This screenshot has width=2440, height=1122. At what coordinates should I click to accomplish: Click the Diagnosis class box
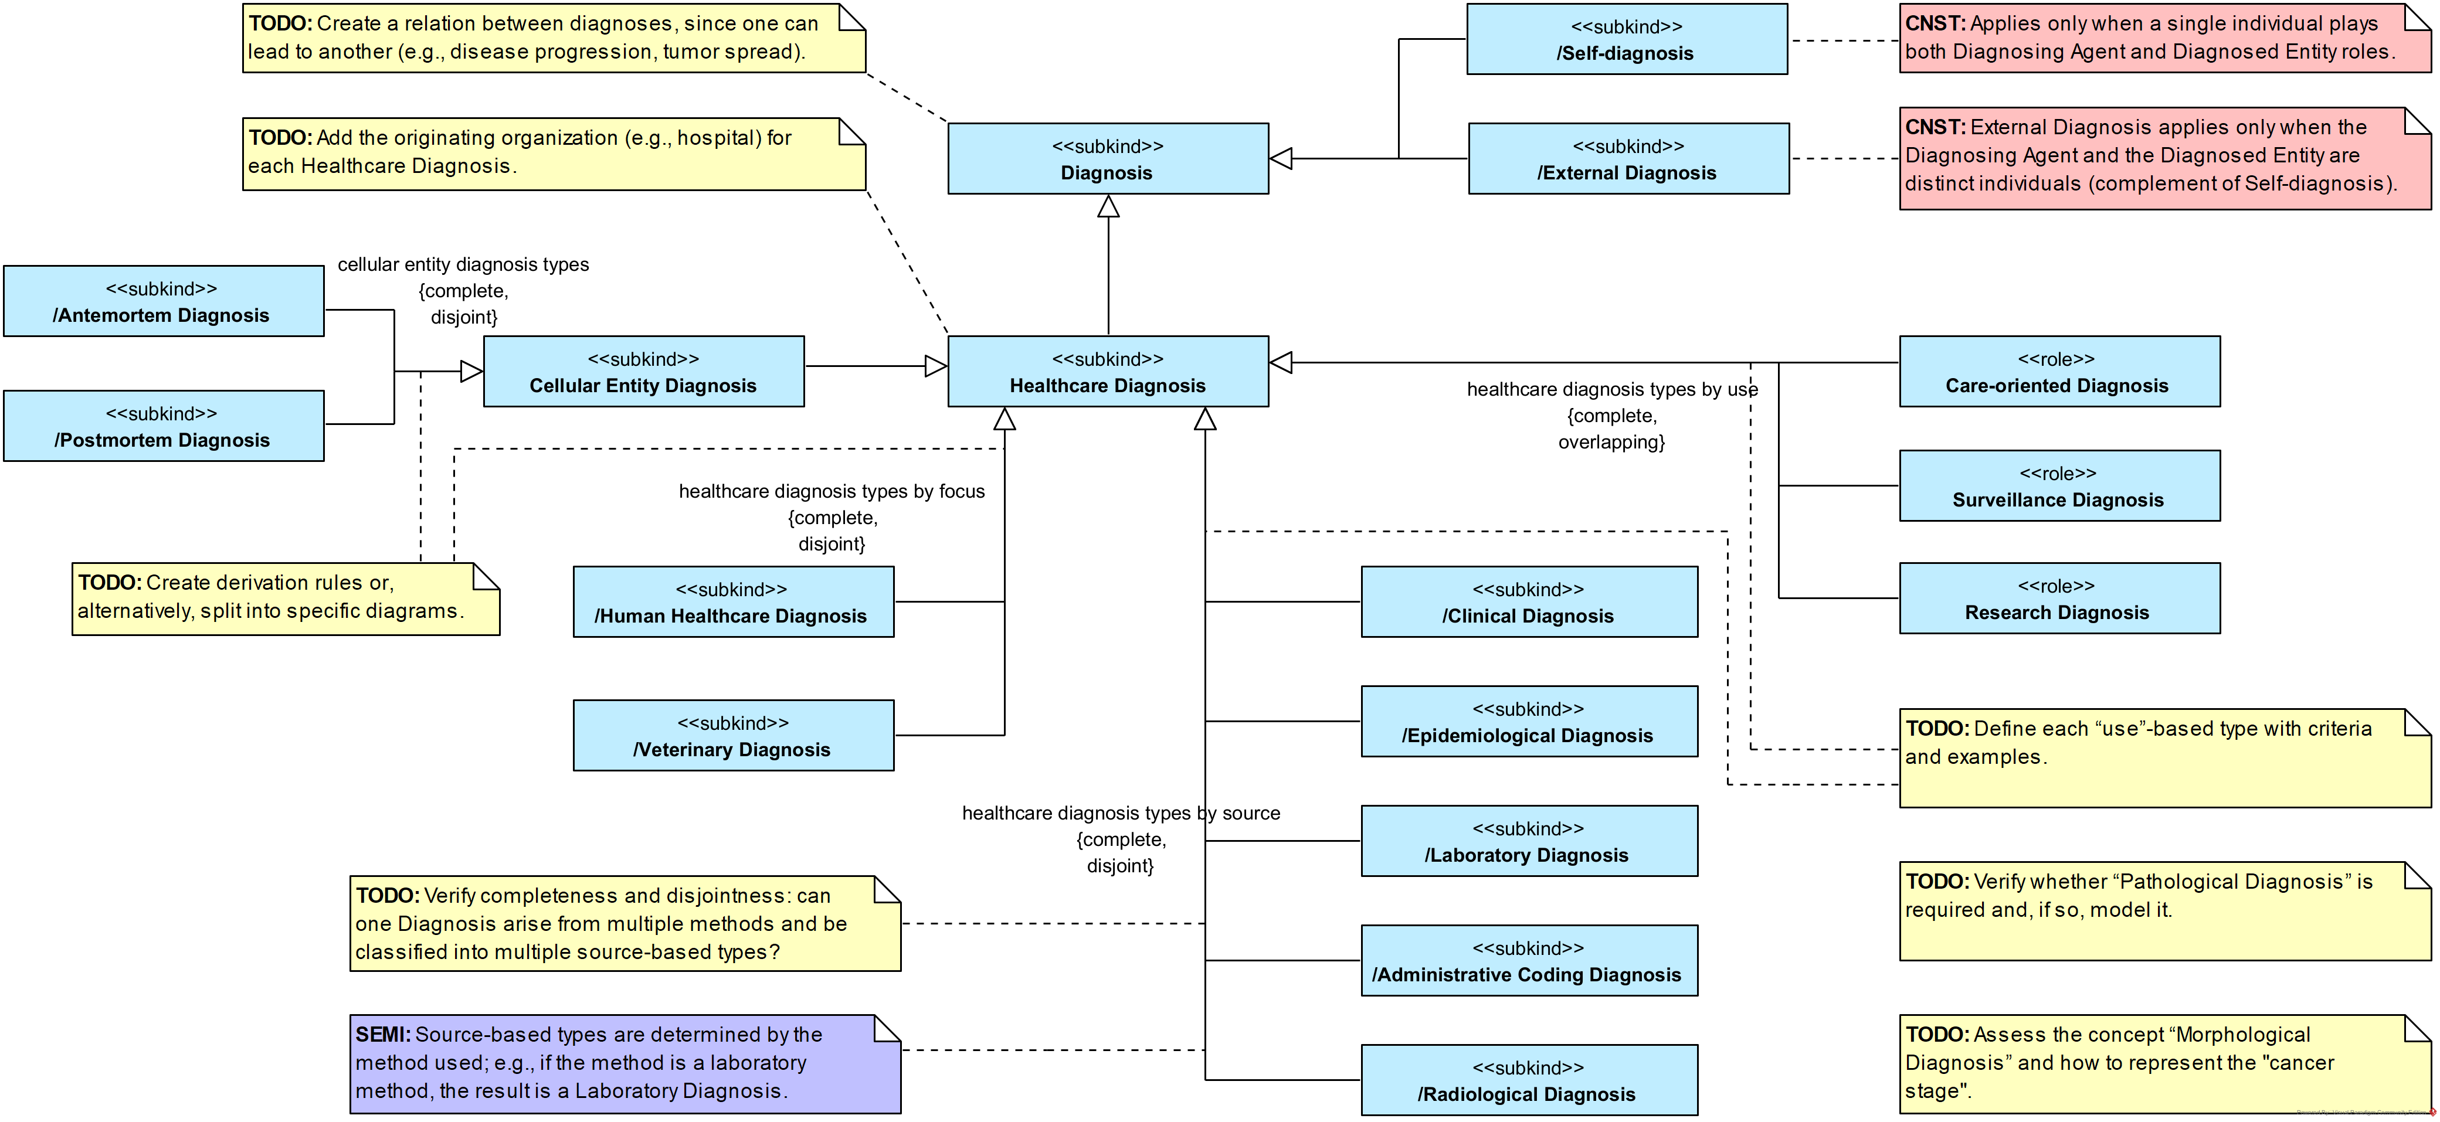point(1107,159)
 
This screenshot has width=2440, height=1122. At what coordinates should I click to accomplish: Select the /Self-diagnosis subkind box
point(1625,40)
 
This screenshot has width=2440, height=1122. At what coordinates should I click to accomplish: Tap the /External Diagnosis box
point(1627,159)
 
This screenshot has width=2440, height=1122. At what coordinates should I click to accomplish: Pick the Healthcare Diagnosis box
point(1107,372)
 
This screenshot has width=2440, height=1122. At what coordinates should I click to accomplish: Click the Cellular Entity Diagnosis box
point(643,372)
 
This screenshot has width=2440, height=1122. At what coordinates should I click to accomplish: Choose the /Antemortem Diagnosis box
point(163,301)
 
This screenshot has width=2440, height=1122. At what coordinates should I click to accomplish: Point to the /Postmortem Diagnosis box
point(163,426)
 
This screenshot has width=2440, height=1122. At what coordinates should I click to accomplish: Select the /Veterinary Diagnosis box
point(732,736)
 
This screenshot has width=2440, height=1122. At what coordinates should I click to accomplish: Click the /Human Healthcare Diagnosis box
point(732,602)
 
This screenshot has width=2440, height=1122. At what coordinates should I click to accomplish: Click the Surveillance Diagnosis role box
point(2058,486)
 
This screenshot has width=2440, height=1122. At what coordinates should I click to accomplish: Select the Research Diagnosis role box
point(2058,599)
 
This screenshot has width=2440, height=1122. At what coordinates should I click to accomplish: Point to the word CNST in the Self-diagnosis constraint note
point(1934,23)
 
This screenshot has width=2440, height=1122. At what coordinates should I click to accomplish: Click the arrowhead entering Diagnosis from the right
point(1281,159)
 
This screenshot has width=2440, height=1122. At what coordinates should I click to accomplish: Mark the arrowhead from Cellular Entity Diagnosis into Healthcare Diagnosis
point(936,366)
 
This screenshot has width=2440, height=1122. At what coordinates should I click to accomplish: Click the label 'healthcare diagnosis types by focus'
point(832,491)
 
